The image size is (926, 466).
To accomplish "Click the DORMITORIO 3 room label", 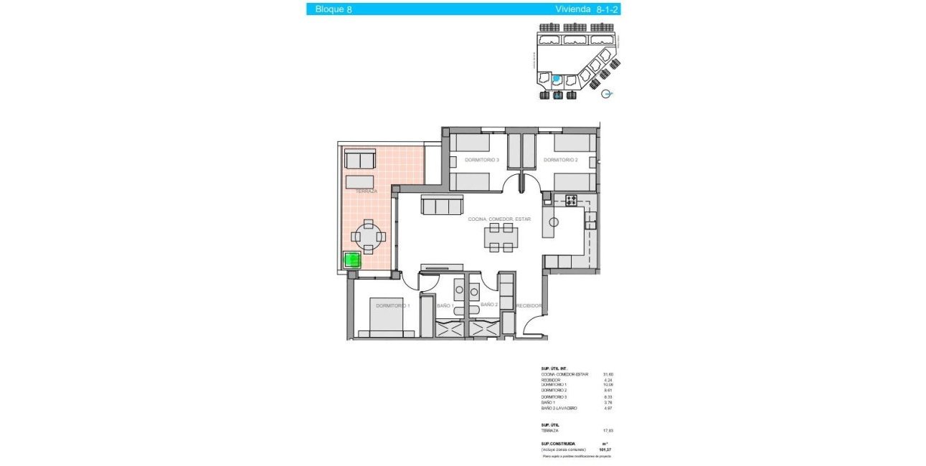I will click(x=481, y=160).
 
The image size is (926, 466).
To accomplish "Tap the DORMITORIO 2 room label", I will click(x=560, y=160).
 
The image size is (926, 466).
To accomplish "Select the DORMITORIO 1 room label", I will click(x=392, y=306).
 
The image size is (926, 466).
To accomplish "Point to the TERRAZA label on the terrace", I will click(x=366, y=191).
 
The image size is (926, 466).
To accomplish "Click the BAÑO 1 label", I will click(x=445, y=305).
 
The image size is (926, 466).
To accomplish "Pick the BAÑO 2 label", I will click(x=489, y=305).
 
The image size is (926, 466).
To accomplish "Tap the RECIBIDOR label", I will click(x=529, y=305).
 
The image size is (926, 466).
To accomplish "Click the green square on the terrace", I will click(x=351, y=260).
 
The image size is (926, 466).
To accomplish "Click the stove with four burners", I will click(x=572, y=201).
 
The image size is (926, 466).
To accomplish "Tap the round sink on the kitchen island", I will click(x=553, y=222).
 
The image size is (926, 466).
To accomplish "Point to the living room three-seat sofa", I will click(x=441, y=206).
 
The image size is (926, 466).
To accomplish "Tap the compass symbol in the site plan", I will click(x=608, y=93).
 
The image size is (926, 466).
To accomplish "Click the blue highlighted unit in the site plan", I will click(x=557, y=78).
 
